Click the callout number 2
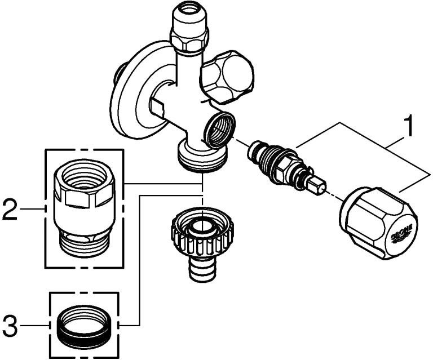[x=10, y=209]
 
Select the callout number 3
[x=10, y=325]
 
